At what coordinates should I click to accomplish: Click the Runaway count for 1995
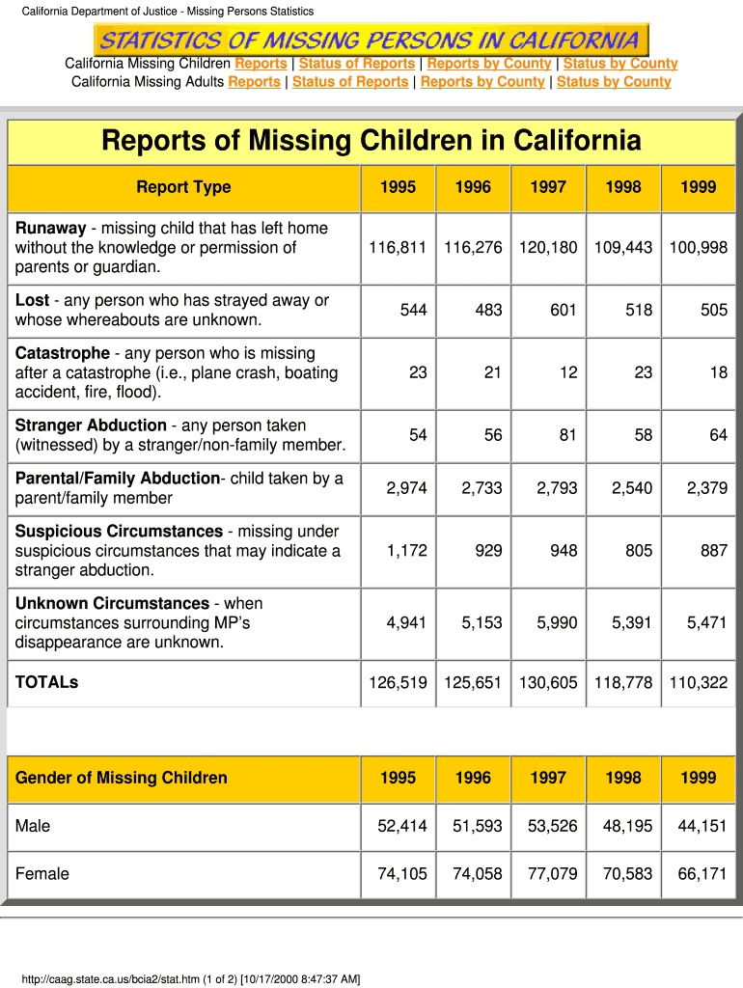398,248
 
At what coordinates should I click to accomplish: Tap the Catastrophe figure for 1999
718,372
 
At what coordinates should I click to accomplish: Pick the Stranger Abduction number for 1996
493,435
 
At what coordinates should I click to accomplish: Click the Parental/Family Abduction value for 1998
632,488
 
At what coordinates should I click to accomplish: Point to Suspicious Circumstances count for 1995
406,551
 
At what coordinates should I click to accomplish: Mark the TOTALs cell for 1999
698,683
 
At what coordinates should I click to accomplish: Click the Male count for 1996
473,826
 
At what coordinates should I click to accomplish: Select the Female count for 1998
623,874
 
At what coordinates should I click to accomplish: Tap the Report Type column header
183,187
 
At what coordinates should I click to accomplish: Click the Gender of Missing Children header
122,778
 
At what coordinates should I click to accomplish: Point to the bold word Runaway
50,229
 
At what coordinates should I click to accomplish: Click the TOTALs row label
47,682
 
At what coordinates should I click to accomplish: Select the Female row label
42,874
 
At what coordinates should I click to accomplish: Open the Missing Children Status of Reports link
357,64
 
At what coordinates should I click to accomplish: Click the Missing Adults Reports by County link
482,82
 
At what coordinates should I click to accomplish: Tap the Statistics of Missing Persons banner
371,41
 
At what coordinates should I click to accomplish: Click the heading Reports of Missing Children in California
371,142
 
